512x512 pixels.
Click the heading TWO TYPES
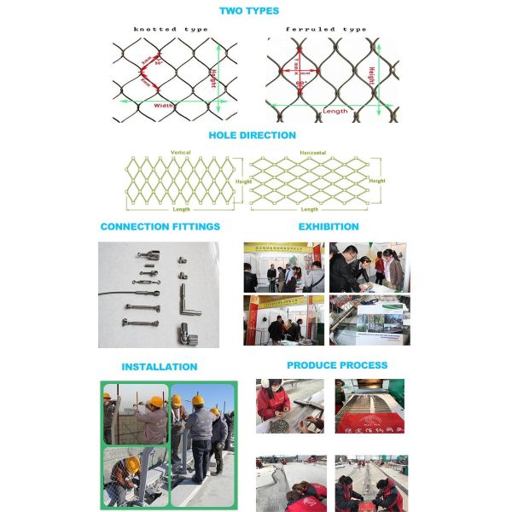(x=249, y=10)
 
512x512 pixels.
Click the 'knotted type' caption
(x=171, y=29)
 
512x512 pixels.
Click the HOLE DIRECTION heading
(x=253, y=135)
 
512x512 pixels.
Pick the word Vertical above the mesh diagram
(x=181, y=153)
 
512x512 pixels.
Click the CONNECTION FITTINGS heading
(x=160, y=227)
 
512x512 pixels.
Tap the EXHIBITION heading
(x=329, y=227)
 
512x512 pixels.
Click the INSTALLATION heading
(x=159, y=367)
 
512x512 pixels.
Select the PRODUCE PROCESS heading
(x=337, y=365)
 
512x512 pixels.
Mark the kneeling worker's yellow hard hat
(x=133, y=463)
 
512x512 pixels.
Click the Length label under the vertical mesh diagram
(x=180, y=210)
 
